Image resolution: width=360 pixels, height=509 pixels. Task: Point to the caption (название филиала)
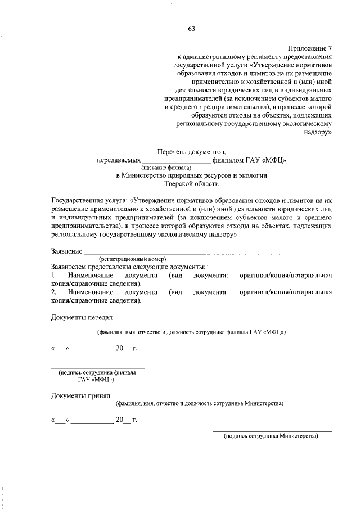pos(166,168)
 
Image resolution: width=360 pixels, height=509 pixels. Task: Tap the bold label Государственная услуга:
pos(89,200)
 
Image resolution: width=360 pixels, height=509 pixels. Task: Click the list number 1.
pos(53,276)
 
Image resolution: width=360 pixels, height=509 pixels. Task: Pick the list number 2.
pos(53,292)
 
